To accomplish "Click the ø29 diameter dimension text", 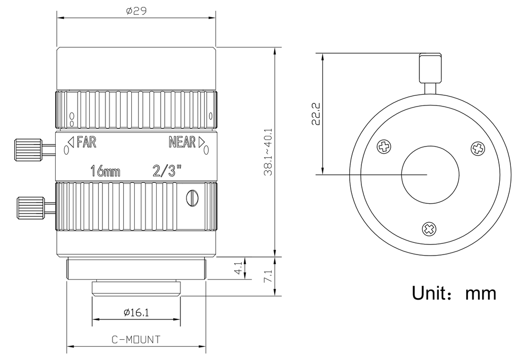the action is point(136,11).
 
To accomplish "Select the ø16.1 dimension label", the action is point(136,312).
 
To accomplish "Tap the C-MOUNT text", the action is point(136,340).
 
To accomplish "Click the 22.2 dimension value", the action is point(316,114).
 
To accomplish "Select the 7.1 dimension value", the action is point(268,276).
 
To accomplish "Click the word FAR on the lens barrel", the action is point(86,142).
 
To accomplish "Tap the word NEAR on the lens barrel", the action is point(182,142).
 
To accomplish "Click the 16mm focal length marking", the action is point(105,171).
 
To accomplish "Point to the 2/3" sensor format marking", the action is point(167,171).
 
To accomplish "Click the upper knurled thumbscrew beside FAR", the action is point(29,150).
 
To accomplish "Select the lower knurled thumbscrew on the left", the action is point(31,208).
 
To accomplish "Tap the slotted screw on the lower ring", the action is point(192,198).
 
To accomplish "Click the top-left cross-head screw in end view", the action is point(384,146).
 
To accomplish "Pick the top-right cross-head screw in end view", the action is point(478,148).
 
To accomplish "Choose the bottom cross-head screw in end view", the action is point(429,229).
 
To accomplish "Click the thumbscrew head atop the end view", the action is point(430,68).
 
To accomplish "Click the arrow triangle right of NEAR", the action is point(201,142).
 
